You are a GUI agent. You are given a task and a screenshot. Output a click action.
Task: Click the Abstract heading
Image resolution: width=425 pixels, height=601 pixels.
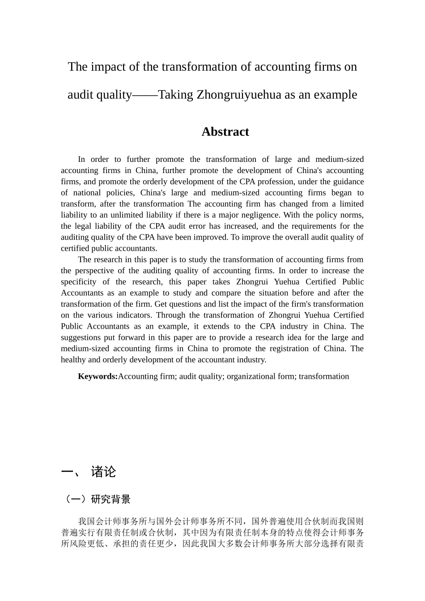click(x=225, y=131)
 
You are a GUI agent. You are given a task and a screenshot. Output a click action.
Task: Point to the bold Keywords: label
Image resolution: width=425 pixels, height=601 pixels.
click(x=98, y=377)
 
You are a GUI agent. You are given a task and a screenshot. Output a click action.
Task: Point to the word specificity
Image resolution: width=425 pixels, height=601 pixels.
click(x=79, y=282)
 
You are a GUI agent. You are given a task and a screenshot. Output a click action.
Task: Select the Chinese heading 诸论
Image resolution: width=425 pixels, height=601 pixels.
click(x=103, y=472)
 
